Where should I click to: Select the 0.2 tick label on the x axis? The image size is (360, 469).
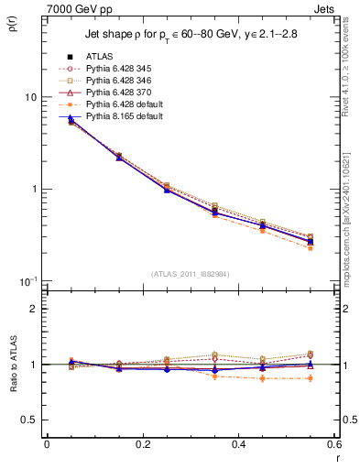[x=142, y=444]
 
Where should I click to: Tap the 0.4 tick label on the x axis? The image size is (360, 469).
[x=238, y=444]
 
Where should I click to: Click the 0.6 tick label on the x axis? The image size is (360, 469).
[x=333, y=444]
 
